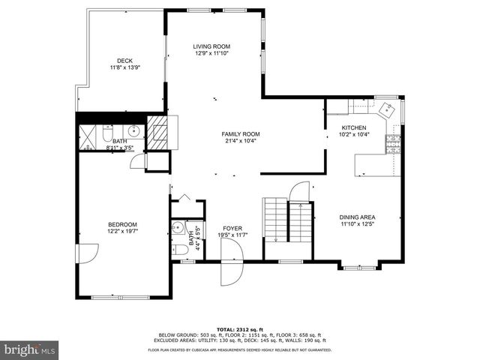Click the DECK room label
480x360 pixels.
(x=124, y=61)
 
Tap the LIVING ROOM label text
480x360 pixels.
(x=211, y=46)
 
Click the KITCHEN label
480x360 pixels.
(x=353, y=127)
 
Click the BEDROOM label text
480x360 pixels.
(x=121, y=224)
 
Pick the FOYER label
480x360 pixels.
(x=232, y=228)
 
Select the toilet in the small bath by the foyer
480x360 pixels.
(x=178, y=249)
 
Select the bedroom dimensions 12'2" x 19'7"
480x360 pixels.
(x=121, y=232)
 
